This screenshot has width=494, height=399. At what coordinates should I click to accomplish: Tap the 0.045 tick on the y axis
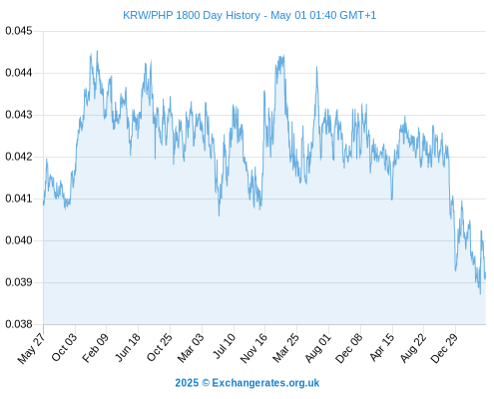[x=19, y=31]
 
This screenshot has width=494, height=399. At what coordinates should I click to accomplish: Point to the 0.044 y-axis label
[x=19, y=73]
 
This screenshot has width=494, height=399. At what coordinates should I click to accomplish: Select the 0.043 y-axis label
[x=19, y=115]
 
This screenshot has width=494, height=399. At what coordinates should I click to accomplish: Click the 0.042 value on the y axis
[x=19, y=157]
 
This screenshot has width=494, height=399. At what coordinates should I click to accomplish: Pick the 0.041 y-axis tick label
[x=19, y=199]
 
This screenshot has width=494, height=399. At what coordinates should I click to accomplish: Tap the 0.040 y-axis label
[x=19, y=240]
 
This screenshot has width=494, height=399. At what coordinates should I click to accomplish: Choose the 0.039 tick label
[x=19, y=282]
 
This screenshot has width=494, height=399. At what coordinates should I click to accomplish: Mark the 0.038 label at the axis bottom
[x=19, y=324]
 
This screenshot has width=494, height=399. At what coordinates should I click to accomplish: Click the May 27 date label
[x=31, y=348]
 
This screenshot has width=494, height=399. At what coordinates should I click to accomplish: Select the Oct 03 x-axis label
[x=64, y=347]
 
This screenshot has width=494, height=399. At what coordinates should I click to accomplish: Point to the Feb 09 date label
[x=95, y=347]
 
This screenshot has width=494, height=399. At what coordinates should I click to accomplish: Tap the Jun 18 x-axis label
[x=128, y=347]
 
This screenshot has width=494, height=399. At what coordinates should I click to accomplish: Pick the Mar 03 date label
[x=191, y=348]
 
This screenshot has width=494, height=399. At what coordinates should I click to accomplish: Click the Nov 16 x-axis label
[x=253, y=348]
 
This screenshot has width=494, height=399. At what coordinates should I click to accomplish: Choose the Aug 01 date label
[x=318, y=348]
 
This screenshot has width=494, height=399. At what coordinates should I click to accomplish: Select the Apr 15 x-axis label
[x=381, y=347]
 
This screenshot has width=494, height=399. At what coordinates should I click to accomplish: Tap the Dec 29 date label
[x=444, y=348]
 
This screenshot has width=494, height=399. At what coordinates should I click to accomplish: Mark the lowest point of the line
[x=480, y=294]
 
